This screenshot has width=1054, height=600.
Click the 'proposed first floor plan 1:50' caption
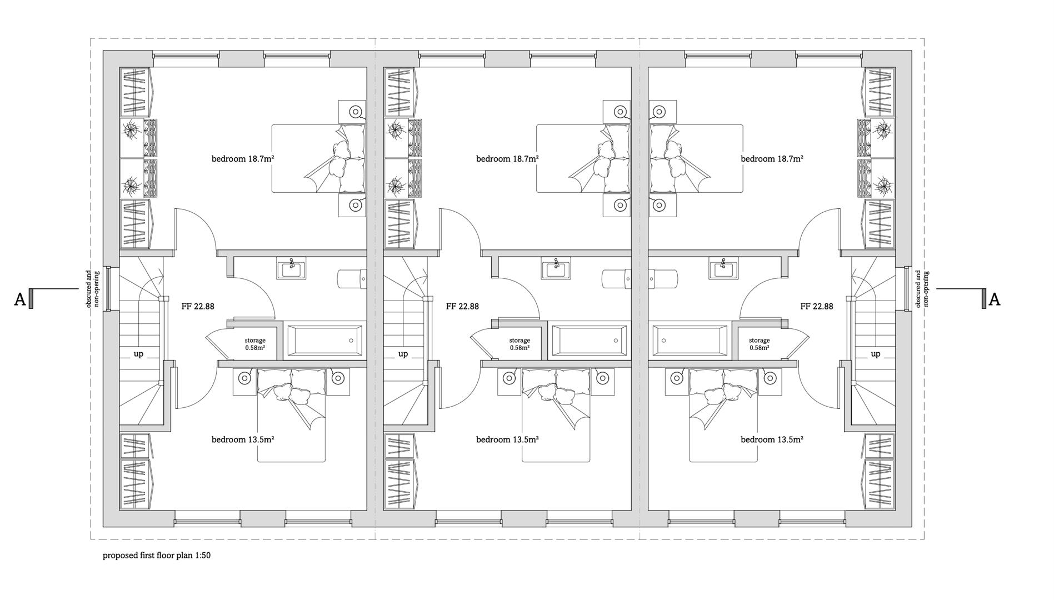(156, 556)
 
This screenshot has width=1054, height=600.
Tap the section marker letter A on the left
(19, 300)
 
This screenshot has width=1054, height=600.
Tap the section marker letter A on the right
(995, 300)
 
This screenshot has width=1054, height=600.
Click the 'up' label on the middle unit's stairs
(403, 354)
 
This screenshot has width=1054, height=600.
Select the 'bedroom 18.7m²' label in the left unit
(243, 159)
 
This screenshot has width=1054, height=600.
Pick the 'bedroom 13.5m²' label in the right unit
(772, 439)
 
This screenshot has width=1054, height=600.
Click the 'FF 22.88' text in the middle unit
(462, 306)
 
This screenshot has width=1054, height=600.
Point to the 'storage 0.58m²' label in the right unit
(759, 344)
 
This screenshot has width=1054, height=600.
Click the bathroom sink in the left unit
(291, 269)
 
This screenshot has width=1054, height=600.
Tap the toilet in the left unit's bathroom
(352, 278)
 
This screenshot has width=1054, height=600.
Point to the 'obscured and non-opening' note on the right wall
(921, 289)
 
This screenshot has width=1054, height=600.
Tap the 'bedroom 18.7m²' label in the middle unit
(507, 159)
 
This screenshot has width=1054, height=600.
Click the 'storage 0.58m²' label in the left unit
(255, 344)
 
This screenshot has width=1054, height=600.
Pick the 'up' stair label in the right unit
(876, 354)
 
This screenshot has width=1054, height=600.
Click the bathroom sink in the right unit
(723, 269)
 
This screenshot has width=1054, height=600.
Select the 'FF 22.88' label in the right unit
(816, 306)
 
